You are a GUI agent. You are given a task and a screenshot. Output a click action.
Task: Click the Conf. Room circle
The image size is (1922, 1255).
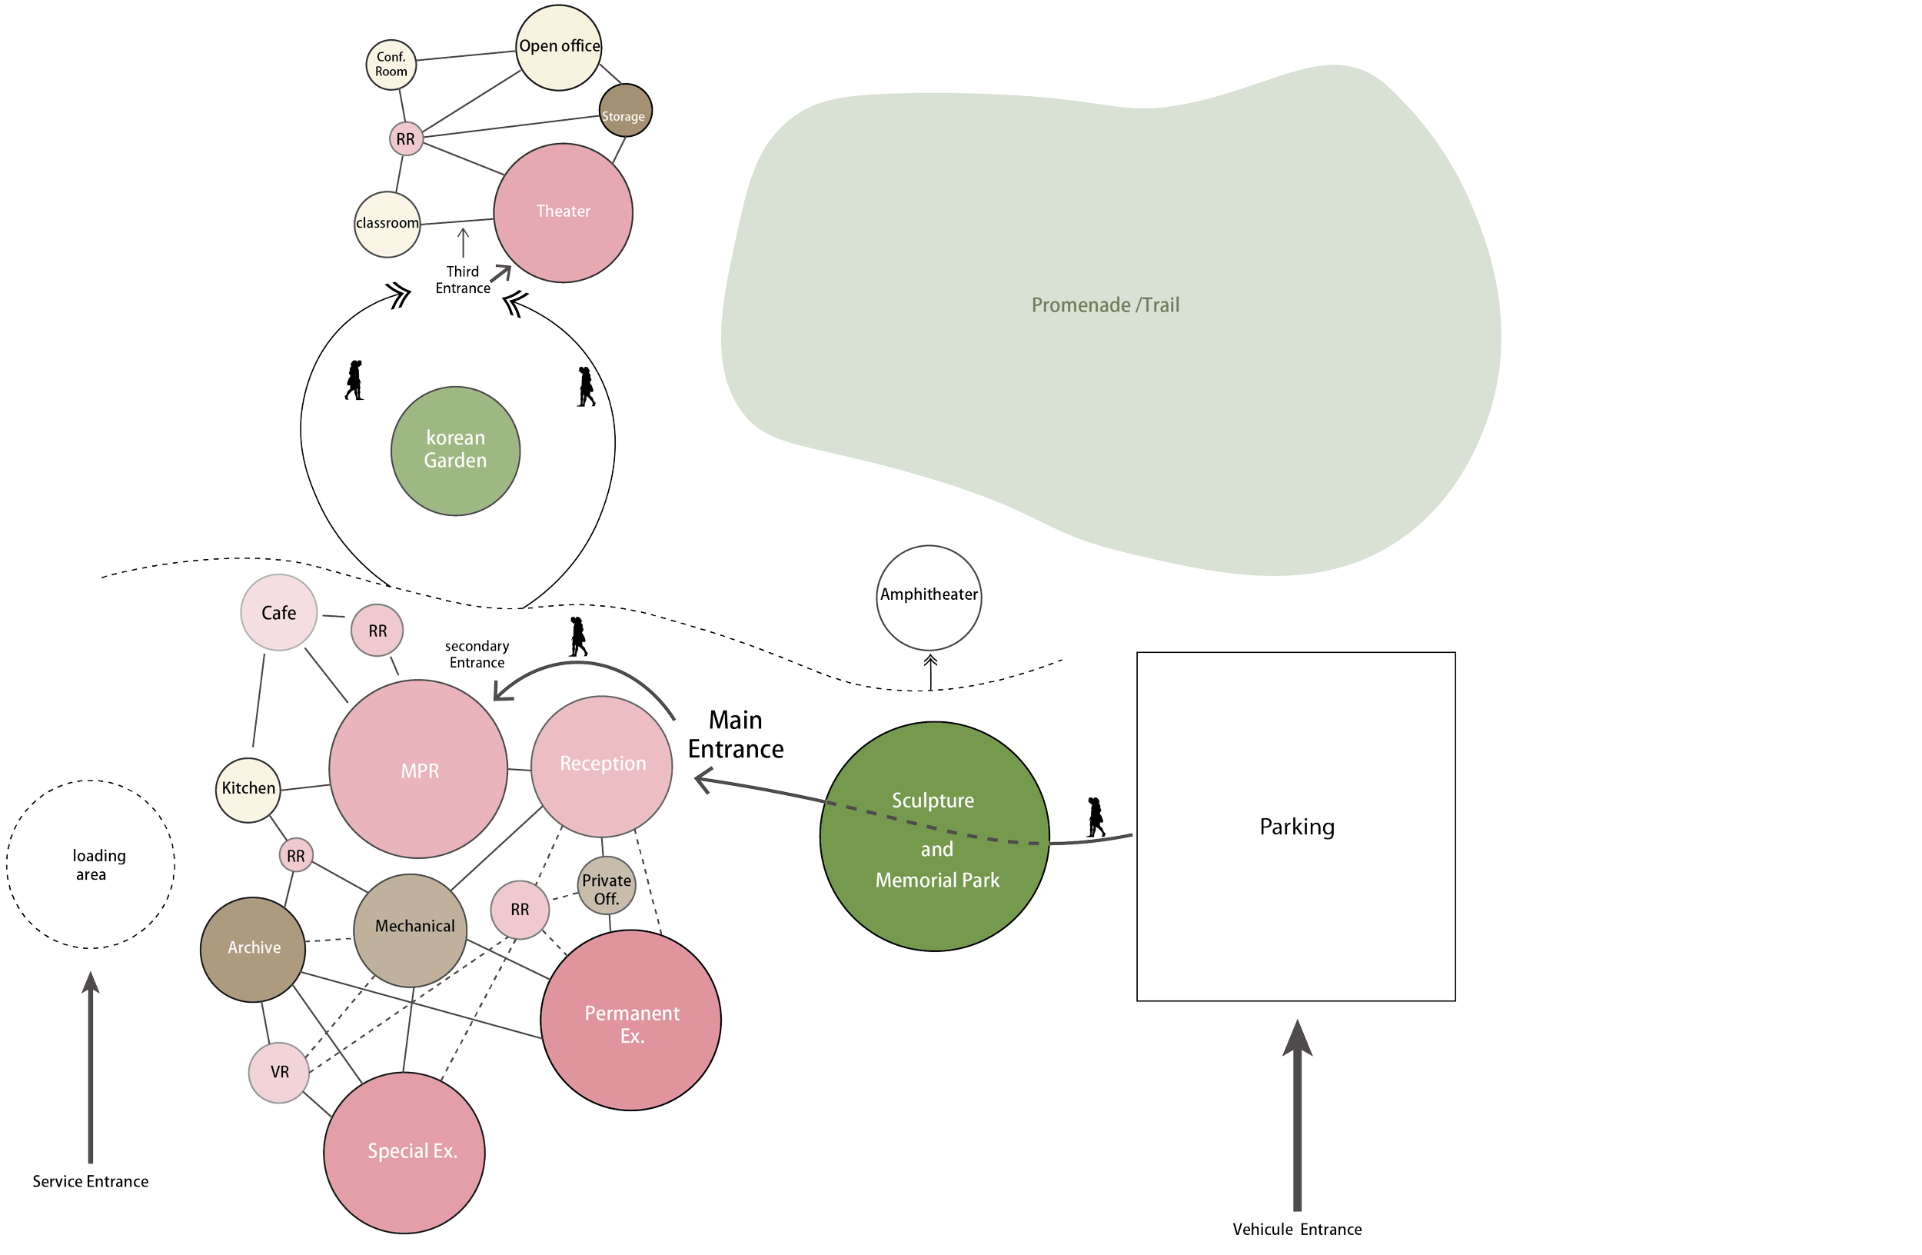point(391,65)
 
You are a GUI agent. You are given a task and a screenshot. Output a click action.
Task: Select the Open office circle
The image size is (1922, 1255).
point(559,47)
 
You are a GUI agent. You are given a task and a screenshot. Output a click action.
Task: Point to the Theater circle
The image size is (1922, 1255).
point(563,212)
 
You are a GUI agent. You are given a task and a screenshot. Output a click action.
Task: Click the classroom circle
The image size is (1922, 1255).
point(387,224)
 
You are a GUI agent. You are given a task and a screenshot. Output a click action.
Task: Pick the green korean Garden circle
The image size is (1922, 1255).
point(455,450)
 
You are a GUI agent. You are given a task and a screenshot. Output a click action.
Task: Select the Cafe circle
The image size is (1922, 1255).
point(278,613)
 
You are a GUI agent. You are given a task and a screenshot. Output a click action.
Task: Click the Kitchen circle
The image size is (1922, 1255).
point(248,789)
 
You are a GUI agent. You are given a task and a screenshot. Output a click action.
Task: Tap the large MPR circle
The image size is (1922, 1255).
point(418,769)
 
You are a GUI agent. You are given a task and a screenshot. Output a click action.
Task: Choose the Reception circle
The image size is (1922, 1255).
point(602,766)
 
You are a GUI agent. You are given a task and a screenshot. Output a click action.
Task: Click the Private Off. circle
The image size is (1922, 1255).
point(607,886)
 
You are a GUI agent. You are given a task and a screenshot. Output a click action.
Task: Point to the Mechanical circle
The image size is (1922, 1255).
point(411,930)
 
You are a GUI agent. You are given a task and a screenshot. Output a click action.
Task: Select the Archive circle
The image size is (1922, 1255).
point(253,949)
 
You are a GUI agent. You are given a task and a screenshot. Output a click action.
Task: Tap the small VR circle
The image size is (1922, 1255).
point(279,1073)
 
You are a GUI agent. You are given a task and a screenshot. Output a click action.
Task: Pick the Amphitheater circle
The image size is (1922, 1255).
point(929,597)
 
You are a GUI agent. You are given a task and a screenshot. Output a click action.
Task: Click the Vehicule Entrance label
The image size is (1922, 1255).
point(1296,1229)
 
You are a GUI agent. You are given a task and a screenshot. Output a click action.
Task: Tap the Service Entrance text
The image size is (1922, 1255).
point(91,1181)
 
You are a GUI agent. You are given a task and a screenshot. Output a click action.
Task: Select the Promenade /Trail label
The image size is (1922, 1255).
point(1105,305)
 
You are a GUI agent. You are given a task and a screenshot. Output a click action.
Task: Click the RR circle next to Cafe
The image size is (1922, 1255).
point(377,631)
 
